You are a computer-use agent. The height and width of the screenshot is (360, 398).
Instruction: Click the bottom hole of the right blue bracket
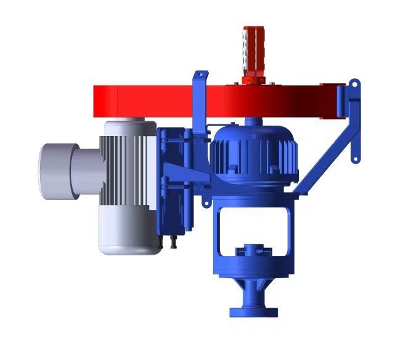point(355,158)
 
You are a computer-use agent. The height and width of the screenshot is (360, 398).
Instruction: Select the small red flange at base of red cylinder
point(253,80)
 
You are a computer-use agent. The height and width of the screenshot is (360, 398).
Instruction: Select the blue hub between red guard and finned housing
point(253,122)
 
